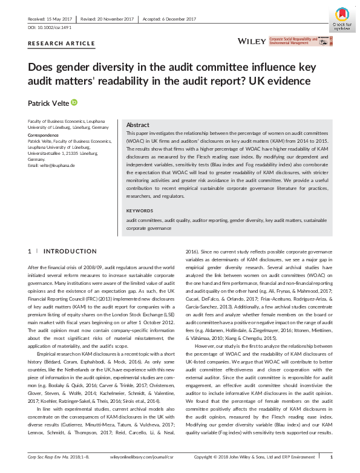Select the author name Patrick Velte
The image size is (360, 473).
(x=48, y=103)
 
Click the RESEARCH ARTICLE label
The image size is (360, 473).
(x=62, y=44)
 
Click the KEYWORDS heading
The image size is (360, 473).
(x=140, y=210)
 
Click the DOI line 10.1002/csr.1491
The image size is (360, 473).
(x=49, y=28)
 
